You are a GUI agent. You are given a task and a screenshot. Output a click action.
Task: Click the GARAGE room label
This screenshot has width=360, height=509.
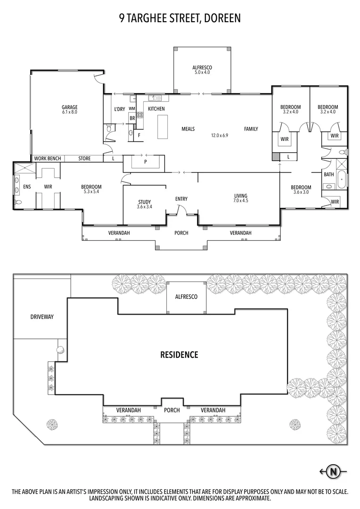(x=69, y=107)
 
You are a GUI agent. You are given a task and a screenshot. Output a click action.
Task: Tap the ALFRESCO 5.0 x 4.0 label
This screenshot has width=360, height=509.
(x=202, y=70)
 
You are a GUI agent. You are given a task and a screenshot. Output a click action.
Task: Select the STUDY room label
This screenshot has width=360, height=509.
(x=144, y=202)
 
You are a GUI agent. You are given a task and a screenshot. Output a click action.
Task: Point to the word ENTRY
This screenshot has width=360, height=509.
(x=181, y=199)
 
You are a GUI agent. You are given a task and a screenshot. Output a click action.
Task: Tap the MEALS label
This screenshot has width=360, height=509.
(x=188, y=129)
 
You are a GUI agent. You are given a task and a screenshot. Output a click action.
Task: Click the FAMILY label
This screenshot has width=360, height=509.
(x=251, y=129)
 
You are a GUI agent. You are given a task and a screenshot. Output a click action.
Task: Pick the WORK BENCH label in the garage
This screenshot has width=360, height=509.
(x=47, y=159)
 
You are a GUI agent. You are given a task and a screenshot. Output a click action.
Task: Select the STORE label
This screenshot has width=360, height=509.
(x=84, y=159)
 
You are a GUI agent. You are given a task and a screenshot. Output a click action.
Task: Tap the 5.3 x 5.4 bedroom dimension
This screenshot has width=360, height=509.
(x=91, y=192)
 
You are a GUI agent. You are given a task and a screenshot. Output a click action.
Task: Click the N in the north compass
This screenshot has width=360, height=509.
(x=334, y=471)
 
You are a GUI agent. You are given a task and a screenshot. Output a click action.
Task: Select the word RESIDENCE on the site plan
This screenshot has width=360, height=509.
(x=179, y=354)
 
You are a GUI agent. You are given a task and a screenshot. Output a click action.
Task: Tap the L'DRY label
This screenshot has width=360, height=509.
(x=119, y=109)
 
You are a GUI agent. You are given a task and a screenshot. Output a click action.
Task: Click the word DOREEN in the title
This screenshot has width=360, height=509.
(x=221, y=18)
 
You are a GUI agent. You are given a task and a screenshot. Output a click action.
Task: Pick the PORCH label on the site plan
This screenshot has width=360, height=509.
(x=172, y=410)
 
